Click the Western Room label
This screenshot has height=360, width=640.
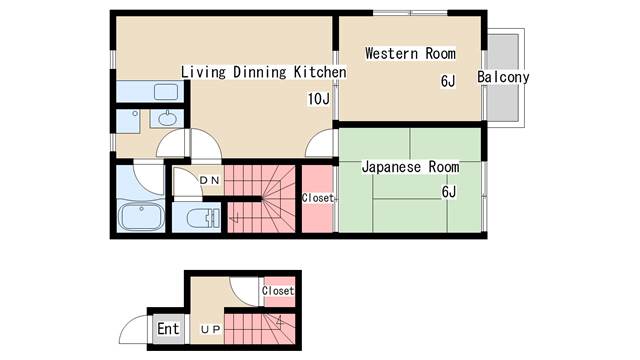(410, 53)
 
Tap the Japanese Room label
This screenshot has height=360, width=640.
(410, 167)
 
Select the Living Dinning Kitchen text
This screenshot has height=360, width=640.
(264, 72)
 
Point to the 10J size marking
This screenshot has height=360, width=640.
(318, 99)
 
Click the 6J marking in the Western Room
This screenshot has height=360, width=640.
(448, 81)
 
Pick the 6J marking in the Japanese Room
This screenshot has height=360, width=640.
(449, 191)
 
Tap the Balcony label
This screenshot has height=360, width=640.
(503, 77)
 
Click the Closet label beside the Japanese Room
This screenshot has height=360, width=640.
(318, 198)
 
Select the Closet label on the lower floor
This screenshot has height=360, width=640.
(278, 291)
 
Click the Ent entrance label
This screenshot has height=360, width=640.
(168, 329)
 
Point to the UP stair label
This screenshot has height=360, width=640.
(211, 329)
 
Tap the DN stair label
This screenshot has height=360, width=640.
(210, 180)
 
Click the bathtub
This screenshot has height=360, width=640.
(141, 216)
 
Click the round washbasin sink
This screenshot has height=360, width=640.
(167, 119)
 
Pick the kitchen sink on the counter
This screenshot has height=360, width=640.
(166, 92)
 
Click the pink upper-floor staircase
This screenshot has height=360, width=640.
(261, 199)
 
